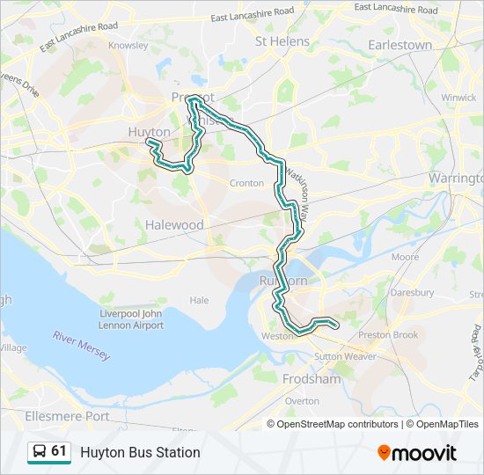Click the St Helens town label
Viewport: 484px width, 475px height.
[282, 41]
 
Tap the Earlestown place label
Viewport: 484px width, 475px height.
[400, 45]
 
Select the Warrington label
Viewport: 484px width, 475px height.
[456, 179]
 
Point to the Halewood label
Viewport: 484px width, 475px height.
[174, 225]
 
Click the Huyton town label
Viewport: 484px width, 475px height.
[149, 132]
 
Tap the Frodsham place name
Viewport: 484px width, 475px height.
[312, 379]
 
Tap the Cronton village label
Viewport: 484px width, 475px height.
[246, 183]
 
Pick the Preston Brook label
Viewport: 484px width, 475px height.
[388, 335]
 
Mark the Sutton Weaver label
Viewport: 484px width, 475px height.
[345, 356]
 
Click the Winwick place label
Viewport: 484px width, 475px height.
[458, 98]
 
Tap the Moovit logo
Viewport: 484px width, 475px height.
[417, 453]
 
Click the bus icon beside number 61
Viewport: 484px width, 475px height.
[40, 452]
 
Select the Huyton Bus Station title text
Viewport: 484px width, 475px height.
[140, 452]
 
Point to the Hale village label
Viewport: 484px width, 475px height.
[200, 300]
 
